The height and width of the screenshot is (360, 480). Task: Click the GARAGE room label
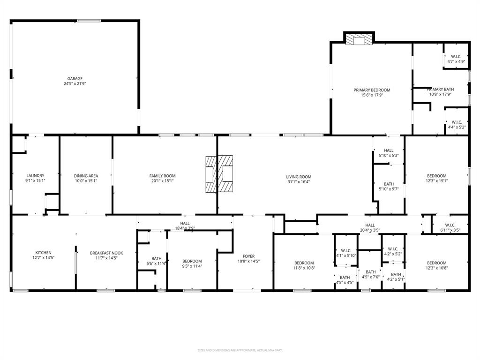[x=75, y=79]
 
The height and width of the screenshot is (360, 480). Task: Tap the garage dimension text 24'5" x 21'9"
[x=75, y=84]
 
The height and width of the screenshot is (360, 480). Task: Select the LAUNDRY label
[x=35, y=176]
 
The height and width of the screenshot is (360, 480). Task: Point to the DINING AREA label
[x=86, y=176]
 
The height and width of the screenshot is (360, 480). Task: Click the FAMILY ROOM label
[x=162, y=176]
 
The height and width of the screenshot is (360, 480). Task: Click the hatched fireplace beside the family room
[x=219, y=174]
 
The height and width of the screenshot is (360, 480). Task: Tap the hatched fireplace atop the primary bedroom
[x=360, y=39]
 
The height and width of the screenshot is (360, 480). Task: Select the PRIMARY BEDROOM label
[x=372, y=90]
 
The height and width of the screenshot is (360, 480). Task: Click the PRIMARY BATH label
[x=440, y=89]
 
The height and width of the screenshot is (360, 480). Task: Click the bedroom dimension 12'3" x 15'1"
[x=436, y=181]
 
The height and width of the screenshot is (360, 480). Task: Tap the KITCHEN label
[x=44, y=253]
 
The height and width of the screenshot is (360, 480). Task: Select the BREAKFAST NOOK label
[x=106, y=253]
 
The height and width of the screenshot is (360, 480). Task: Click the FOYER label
[x=249, y=256]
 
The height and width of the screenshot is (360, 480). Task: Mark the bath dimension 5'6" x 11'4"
[x=157, y=263]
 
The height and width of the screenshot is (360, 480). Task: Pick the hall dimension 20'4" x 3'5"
[x=370, y=230]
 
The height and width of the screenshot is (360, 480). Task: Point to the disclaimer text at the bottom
[x=240, y=350]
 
